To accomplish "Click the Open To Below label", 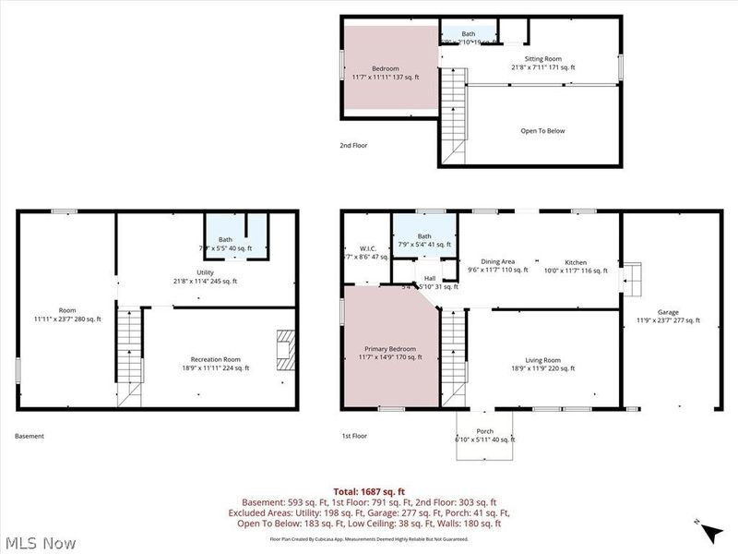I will (x=542, y=131).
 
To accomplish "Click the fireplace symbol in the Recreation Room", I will (x=285, y=350).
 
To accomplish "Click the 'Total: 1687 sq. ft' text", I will (x=369, y=492).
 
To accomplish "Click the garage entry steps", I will (x=632, y=278).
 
